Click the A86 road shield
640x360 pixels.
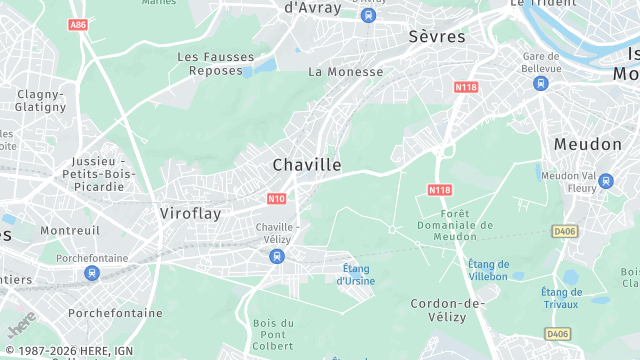[x=79, y=24]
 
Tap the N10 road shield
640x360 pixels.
[x=277, y=198]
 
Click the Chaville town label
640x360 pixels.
[x=307, y=164]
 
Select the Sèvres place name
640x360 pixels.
[x=437, y=36]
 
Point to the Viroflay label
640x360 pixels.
[x=190, y=213]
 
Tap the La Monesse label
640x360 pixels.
[x=345, y=72]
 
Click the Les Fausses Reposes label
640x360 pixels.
[x=216, y=64]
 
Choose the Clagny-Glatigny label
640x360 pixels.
[x=40, y=101]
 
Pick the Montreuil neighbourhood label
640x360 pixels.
[x=70, y=231]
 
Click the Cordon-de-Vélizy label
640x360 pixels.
[x=447, y=310]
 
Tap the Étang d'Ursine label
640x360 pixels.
[x=355, y=274]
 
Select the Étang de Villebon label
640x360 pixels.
[x=488, y=270]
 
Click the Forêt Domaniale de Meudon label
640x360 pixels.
[x=467, y=225]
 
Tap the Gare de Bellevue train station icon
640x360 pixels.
[x=541, y=83]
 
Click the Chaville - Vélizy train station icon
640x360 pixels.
[x=276, y=257]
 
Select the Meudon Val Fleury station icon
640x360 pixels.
[x=605, y=181]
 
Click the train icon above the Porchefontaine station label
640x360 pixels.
[x=92, y=272]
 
